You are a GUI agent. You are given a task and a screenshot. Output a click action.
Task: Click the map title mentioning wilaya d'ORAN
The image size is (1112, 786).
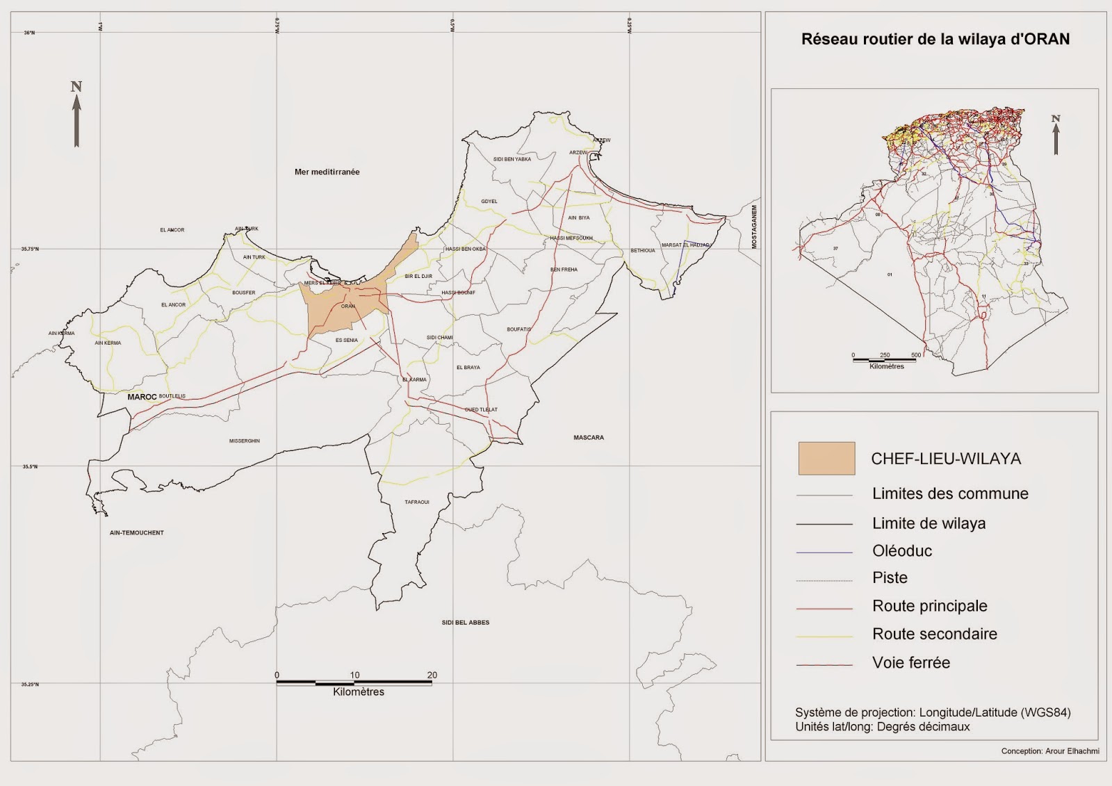935,39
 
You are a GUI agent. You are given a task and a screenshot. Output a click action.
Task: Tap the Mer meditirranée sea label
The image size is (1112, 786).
327,172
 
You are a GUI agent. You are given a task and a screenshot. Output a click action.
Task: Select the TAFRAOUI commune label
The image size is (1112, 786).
417,502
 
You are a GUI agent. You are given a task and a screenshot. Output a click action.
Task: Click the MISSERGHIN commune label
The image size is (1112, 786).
244,441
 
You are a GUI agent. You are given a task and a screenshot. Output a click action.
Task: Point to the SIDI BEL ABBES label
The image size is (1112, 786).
465,622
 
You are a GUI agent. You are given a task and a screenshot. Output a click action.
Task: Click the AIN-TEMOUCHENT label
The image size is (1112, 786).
137,532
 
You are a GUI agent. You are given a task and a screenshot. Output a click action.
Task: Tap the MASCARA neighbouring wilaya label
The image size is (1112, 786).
588,437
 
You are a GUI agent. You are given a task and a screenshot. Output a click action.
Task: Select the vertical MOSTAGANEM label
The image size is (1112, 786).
754,227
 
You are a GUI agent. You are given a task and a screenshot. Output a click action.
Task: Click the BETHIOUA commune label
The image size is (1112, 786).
642,250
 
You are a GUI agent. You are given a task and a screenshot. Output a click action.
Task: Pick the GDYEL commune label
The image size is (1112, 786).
489,202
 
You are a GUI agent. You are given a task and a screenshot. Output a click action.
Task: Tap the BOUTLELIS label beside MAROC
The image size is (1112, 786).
172,396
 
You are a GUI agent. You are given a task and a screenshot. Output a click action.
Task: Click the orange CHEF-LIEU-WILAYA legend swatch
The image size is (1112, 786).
826,459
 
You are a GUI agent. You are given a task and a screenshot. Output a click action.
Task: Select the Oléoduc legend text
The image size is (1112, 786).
901,550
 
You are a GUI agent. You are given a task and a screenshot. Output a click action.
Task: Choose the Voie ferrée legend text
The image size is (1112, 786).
910,662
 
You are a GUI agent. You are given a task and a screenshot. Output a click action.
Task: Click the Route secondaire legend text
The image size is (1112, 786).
934,634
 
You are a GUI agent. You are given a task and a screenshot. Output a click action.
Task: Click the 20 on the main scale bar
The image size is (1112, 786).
432,675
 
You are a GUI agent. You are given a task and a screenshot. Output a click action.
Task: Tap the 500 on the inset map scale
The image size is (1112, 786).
915,355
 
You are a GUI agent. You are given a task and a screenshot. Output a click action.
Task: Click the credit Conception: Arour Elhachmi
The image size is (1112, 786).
1049,751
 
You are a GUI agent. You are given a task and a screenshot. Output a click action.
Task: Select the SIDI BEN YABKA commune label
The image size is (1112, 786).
512,159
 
